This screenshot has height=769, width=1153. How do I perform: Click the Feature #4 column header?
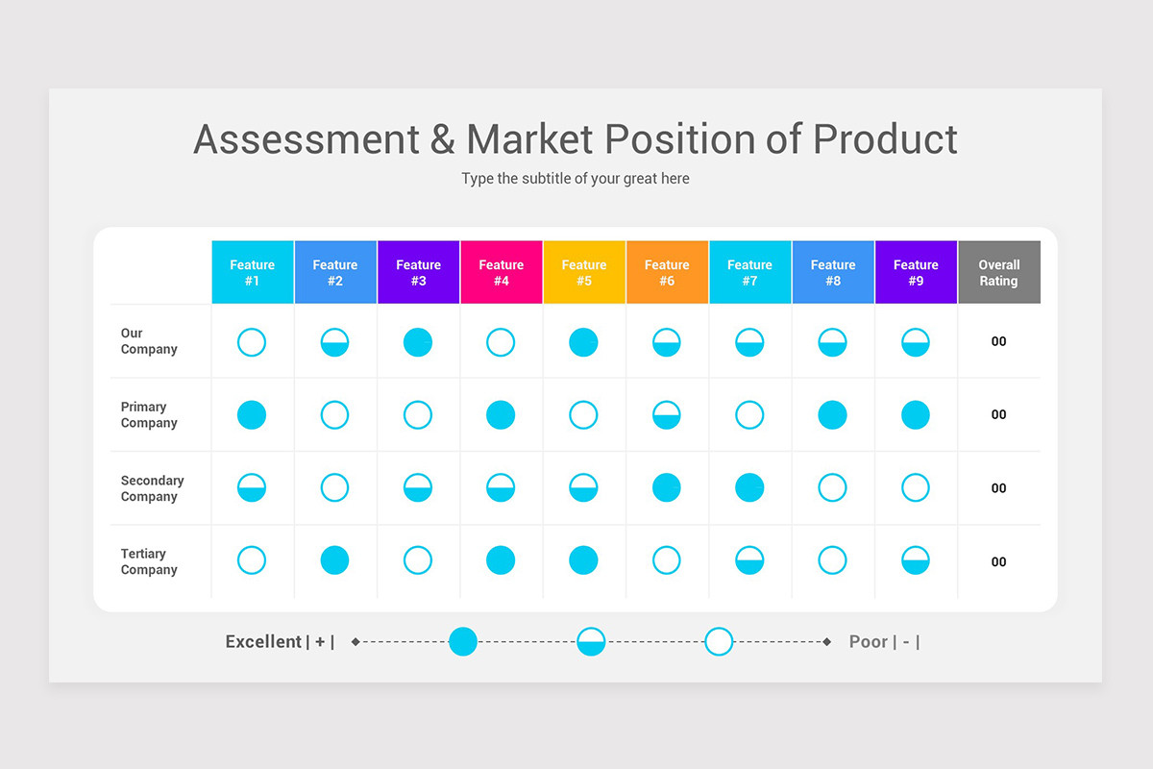(502, 273)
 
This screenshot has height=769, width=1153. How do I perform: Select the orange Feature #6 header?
(667, 273)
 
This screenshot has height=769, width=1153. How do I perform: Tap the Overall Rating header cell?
(998, 273)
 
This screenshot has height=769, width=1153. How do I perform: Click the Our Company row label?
(149, 341)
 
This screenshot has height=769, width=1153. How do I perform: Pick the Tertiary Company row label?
(149, 561)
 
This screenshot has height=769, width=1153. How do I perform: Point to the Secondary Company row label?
(152, 488)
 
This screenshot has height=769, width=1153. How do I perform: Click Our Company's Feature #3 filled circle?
(418, 342)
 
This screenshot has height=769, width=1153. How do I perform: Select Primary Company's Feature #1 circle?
(252, 415)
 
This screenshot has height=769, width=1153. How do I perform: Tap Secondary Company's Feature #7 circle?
(749, 488)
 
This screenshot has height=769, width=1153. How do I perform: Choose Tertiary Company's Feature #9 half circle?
(916, 560)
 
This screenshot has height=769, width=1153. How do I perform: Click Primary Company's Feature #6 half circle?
(667, 415)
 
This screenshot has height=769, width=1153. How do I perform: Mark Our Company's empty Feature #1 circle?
(252, 342)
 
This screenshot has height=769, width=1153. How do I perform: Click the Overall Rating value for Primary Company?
(998, 415)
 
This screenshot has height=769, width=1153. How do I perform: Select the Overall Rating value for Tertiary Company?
(998, 562)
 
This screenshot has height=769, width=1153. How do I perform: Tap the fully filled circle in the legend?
(463, 641)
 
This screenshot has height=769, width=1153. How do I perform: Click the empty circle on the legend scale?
(719, 641)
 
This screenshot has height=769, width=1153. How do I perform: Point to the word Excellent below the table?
(263, 642)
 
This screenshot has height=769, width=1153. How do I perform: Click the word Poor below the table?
(868, 642)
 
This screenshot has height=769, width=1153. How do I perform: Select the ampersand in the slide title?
(443, 139)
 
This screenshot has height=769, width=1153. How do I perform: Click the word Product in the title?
(885, 139)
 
